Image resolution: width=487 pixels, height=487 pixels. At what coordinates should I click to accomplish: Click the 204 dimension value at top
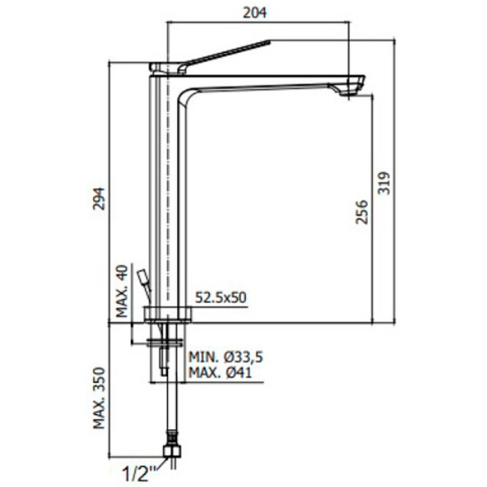259,13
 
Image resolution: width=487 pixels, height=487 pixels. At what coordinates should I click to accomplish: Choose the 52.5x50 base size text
220,296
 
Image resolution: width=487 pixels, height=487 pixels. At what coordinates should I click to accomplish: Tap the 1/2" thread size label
139,473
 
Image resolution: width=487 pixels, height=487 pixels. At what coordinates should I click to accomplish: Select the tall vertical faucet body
168,193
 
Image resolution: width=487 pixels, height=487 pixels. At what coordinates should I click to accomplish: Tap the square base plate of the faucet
169,315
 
